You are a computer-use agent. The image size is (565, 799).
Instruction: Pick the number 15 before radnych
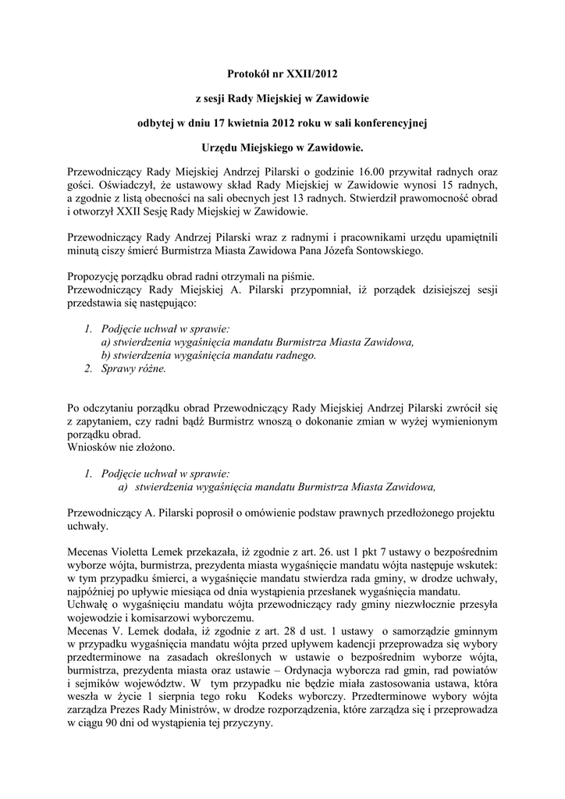pos(453,184)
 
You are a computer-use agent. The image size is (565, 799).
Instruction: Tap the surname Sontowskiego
pos(435,251)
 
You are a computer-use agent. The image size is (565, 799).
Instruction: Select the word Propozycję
pos(97,277)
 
